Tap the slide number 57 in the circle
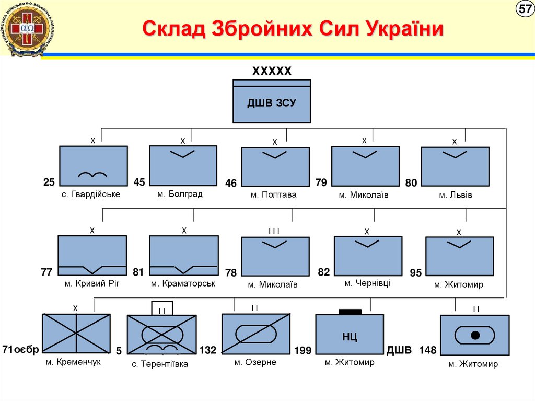(524, 9)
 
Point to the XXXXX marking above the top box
(272, 72)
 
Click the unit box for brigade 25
(93, 166)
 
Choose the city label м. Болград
(180, 194)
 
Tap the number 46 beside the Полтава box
(231, 184)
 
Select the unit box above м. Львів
(455, 166)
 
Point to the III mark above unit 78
(274, 231)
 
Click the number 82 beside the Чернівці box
(324, 272)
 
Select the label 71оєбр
(20, 349)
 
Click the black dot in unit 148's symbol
(475, 335)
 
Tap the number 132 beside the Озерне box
(207, 350)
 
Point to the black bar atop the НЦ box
(350, 312)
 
